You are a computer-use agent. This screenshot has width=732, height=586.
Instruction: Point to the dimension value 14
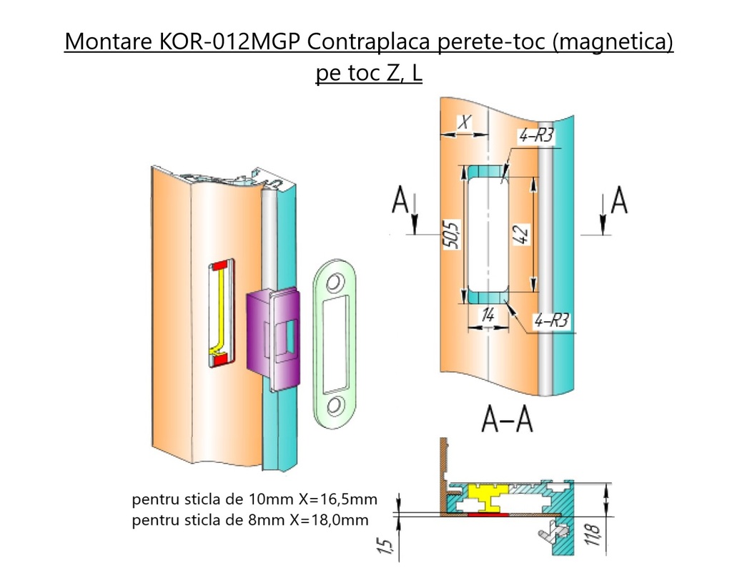click(x=488, y=313)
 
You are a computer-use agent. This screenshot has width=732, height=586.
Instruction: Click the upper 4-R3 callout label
click(x=537, y=137)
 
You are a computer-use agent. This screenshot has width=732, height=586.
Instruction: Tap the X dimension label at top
click(x=465, y=123)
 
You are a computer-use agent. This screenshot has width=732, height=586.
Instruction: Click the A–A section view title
click(x=505, y=420)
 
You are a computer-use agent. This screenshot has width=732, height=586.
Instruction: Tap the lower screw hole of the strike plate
click(x=334, y=405)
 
